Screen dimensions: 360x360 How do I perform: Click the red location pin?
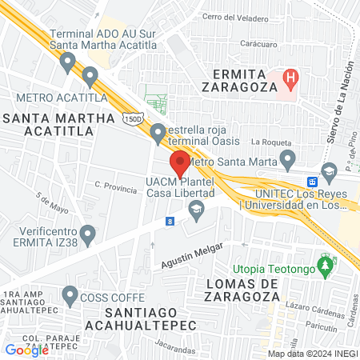pos(180,162)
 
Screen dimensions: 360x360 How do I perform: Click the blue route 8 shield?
pos(170,219)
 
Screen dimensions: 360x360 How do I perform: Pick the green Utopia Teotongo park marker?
pos(325,265)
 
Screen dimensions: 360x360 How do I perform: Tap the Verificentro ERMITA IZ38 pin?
pos(89,234)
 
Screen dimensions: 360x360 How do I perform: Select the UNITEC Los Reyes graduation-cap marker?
pos(328,171)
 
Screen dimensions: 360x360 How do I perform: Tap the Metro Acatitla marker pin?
pos(90,77)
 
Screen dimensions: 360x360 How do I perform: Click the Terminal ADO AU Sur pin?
pos(69,61)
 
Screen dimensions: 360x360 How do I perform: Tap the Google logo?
pos(27,350)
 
